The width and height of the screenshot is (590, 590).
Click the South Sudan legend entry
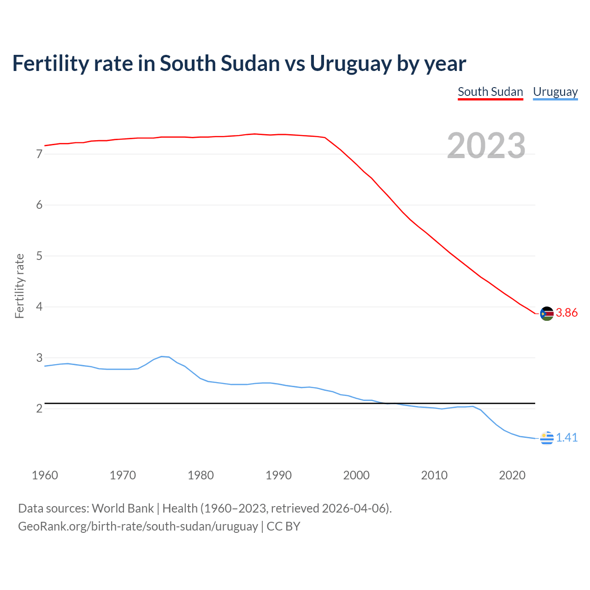click(x=490, y=92)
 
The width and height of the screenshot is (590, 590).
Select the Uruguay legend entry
click(x=555, y=92)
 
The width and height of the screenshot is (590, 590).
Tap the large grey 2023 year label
click(x=486, y=146)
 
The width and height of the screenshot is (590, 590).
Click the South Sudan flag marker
click(x=547, y=313)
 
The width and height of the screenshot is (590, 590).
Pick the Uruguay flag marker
click(x=547, y=438)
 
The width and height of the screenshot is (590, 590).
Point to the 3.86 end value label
click(x=566, y=313)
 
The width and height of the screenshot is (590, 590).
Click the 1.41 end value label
click(x=566, y=437)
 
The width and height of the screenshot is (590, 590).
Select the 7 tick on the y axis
click(x=39, y=154)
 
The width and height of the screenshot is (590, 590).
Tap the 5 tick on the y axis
click(x=39, y=256)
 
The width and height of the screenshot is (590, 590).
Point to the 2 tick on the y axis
click(x=39, y=409)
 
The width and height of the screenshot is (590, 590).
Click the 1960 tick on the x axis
click(x=45, y=475)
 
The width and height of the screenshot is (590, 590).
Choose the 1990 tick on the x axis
click(x=278, y=475)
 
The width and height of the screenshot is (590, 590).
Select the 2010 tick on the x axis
click(x=434, y=475)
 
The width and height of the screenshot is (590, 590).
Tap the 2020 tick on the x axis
click(x=512, y=475)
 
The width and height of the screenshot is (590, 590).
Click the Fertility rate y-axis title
click(x=19, y=286)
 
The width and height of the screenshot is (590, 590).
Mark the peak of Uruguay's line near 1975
click(x=162, y=356)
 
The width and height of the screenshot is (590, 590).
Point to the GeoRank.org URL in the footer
click(x=138, y=526)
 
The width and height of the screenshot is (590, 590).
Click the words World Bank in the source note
click(x=123, y=508)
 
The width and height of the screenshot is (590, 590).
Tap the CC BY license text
click(x=283, y=526)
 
